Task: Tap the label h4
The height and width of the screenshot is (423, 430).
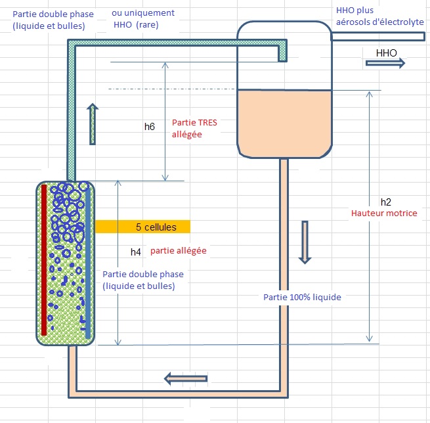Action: pyautogui.click(x=136, y=252)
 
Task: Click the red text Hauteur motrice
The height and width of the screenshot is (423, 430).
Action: pyautogui.click(x=384, y=213)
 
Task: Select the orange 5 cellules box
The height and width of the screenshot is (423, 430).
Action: pyautogui.click(x=142, y=227)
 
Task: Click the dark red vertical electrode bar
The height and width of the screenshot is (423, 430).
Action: pyautogui.click(x=44, y=259)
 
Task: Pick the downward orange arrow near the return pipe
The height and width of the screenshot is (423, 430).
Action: pyautogui.click(x=304, y=242)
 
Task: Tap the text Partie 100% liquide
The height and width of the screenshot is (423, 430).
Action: pyautogui.click(x=302, y=298)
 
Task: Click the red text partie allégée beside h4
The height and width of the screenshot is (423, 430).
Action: pyautogui.click(x=179, y=251)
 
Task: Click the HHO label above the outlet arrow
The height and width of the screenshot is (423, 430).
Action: pyautogui.click(x=386, y=51)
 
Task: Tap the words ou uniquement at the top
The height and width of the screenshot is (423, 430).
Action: pyautogui.click(x=142, y=12)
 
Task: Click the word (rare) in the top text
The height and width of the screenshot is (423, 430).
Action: pyautogui.click(x=147, y=25)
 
